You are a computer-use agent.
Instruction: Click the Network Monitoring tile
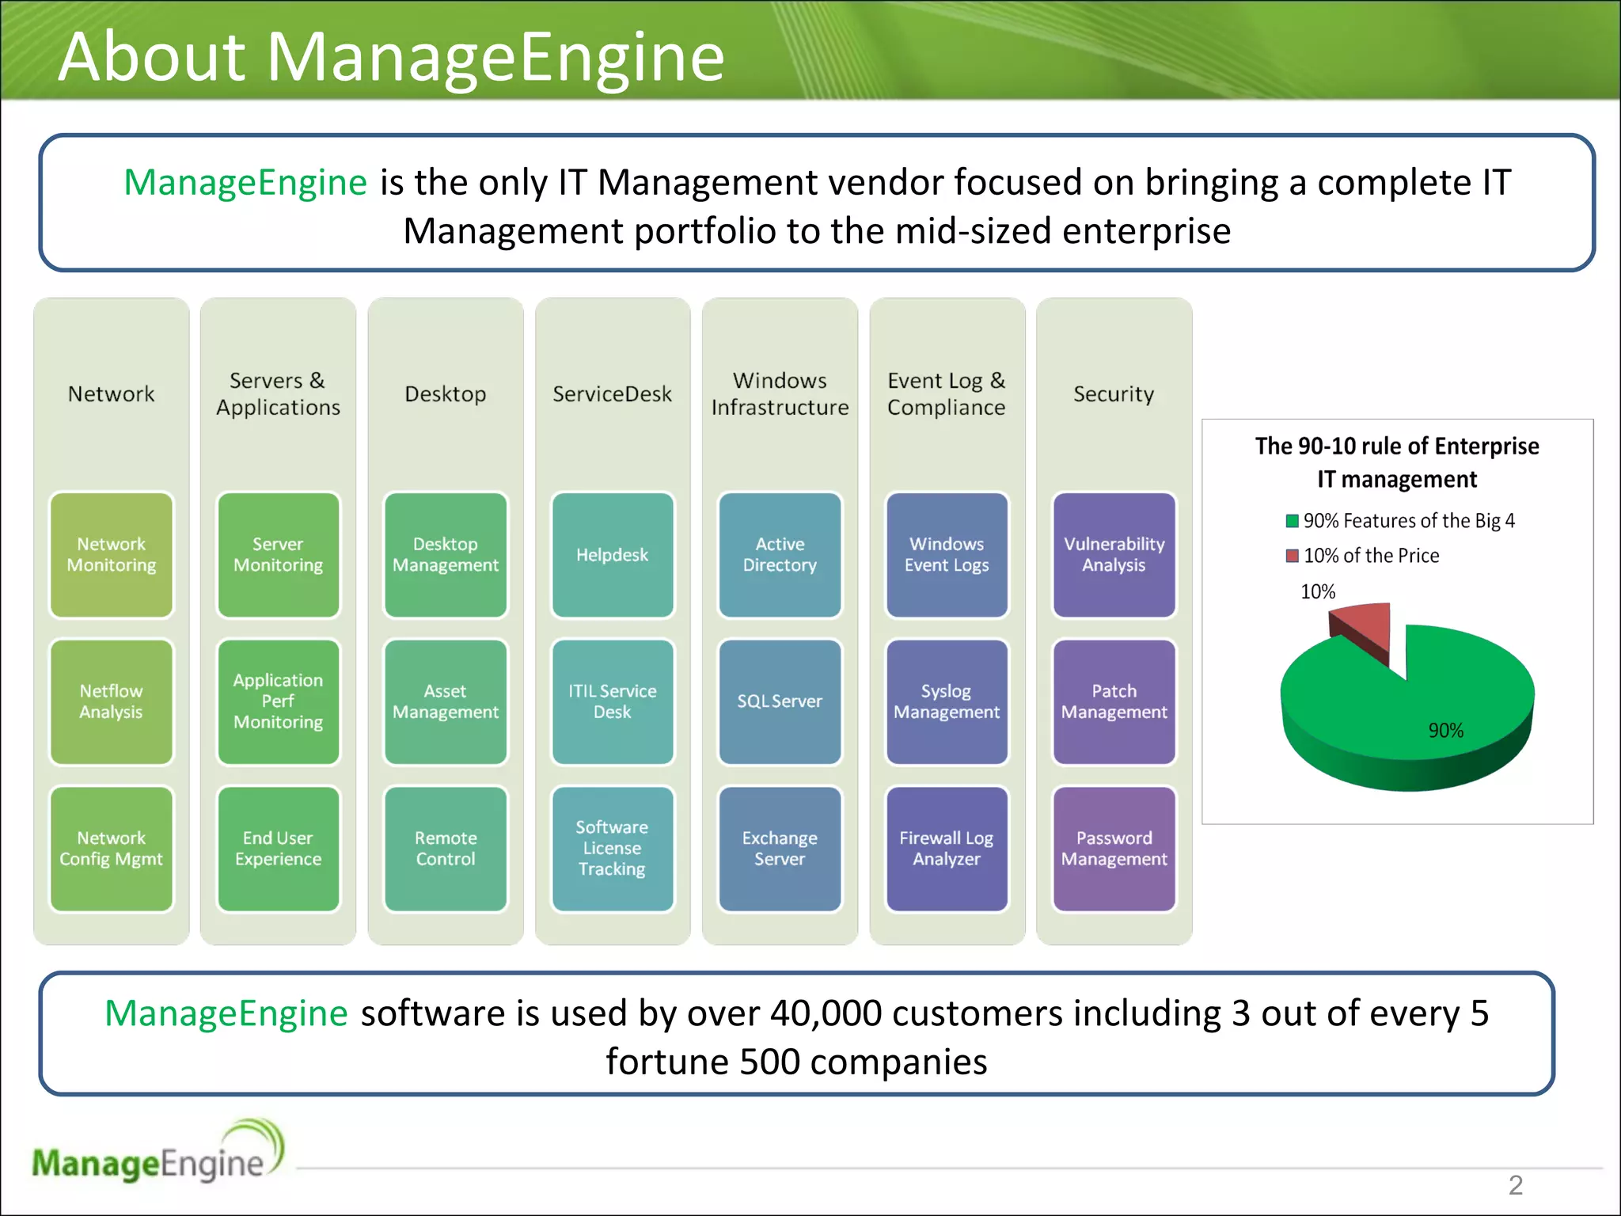(112, 555)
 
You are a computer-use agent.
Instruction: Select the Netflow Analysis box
(112, 701)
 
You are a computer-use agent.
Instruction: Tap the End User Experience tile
(279, 849)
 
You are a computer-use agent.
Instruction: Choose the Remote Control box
(446, 849)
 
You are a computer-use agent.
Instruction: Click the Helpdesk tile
(613, 555)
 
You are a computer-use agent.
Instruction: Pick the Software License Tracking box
(613, 849)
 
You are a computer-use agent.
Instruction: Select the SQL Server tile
(780, 701)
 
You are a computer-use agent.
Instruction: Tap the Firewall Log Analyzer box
(947, 849)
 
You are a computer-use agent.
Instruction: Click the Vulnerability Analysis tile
(1114, 555)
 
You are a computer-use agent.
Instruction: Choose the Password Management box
(1114, 849)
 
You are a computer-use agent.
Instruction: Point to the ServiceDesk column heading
(612, 394)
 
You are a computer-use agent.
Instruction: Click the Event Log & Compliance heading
(947, 394)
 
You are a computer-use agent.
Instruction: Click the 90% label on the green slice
(1445, 731)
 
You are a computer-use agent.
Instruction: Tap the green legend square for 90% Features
(1293, 521)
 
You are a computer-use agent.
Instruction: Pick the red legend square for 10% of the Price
(1293, 556)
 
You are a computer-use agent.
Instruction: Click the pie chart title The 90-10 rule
(1397, 462)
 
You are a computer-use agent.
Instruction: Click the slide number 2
(1515, 1185)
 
